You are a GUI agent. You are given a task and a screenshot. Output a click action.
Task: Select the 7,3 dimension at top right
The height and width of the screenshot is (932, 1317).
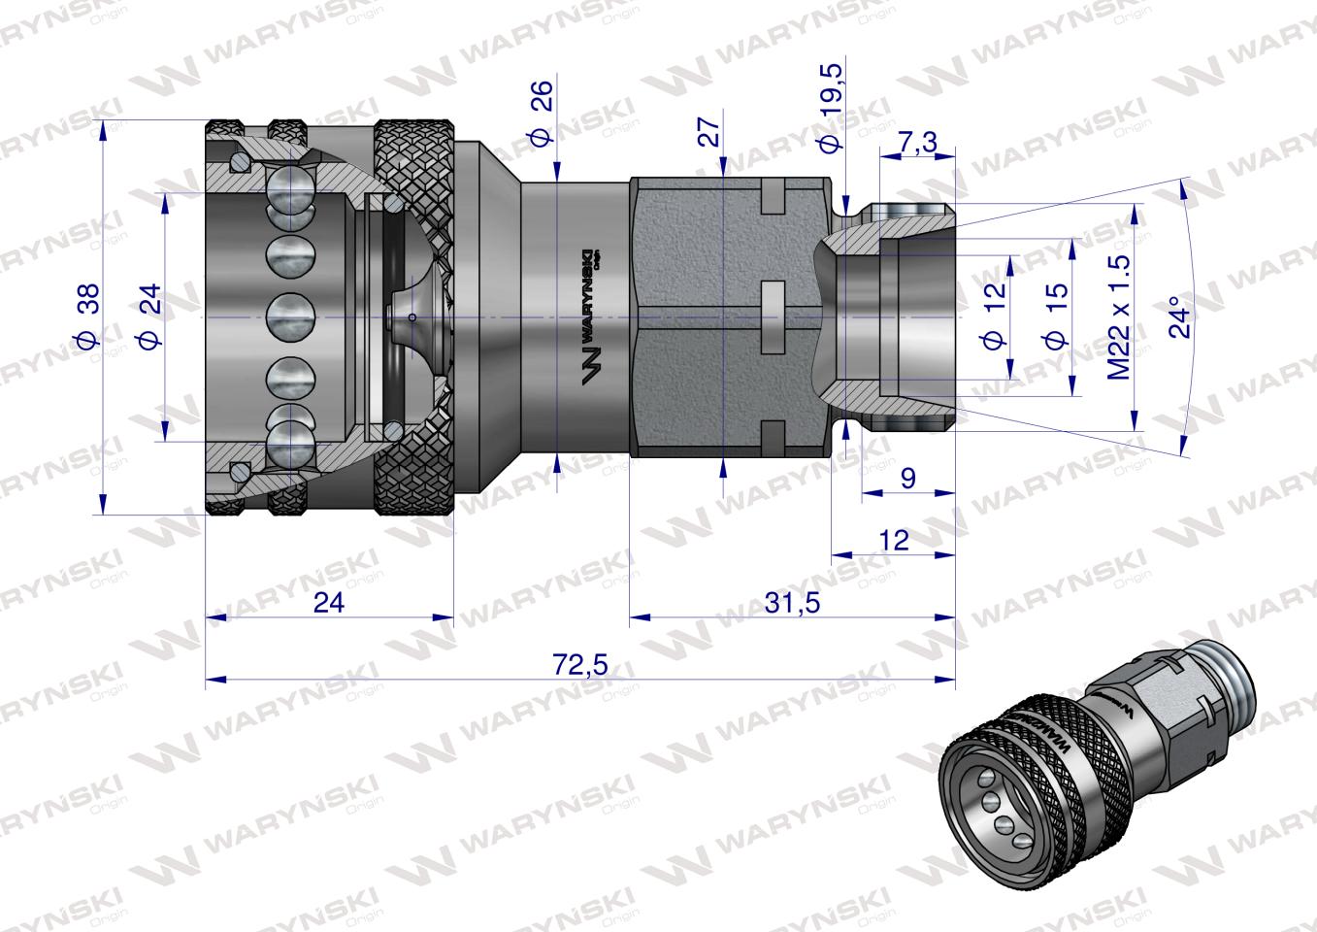[x=916, y=143]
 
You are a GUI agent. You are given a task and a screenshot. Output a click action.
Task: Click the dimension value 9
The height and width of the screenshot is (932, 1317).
[x=907, y=479]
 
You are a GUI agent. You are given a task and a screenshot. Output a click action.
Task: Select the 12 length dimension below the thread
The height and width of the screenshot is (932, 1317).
[x=892, y=539]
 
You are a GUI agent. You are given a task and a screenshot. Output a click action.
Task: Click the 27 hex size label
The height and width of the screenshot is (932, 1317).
[x=710, y=132]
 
